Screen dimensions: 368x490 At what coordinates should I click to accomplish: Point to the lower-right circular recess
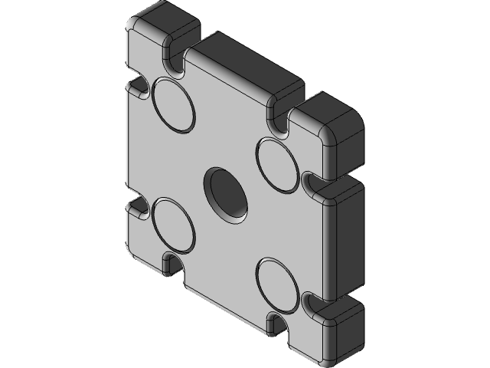pos(276,285)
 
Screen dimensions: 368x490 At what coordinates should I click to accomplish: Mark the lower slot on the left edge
pos(139,206)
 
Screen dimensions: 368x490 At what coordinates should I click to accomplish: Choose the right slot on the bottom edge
pos(276,321)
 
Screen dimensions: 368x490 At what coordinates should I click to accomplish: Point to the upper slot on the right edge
pos(312,182)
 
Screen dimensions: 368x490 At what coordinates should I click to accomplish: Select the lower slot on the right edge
pos(312,304)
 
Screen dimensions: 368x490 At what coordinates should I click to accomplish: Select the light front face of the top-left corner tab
pos(145,54)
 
